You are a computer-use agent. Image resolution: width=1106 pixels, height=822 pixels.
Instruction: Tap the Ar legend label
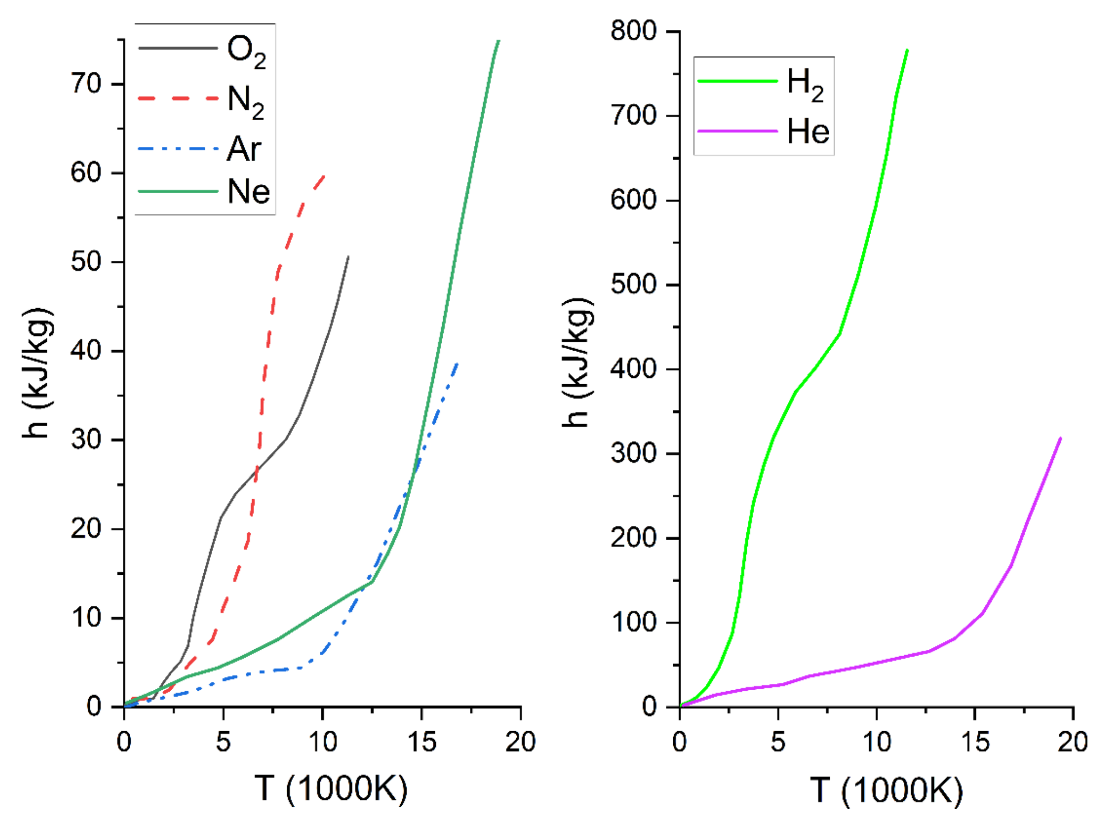click(x=244, y=149)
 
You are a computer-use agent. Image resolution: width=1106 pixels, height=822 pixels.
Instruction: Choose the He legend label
click(x=808, y=131)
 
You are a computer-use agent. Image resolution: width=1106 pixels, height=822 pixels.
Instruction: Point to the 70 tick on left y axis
click(x=86, y=84)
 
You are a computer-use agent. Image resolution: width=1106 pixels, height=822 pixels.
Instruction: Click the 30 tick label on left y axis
click(x=86, y=439)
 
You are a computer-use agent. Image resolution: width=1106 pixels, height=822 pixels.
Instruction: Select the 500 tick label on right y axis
click(x=633, y=284)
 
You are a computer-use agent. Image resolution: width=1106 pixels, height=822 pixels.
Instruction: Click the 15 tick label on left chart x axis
click(x=421, y=742)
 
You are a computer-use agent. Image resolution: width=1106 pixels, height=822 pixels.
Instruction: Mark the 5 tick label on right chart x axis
click(x=778, y=742)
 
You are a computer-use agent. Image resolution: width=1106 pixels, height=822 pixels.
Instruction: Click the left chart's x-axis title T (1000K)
click(x=331, y=788)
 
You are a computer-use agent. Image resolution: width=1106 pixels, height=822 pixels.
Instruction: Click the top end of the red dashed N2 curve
click(x=325, y=176)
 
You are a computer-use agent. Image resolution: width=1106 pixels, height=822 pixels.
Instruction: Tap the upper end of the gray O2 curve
click(x=348, y=257)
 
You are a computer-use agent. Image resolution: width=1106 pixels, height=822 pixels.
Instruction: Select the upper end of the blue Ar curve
click(x=457, y=363)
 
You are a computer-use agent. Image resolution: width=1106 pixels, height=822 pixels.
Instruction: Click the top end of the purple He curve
click(x=1061, y=438)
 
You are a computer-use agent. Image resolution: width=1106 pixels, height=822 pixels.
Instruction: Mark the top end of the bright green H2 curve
click(x=907, y=50)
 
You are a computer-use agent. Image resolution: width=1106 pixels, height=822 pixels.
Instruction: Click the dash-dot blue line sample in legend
click(x=178, y=149)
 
